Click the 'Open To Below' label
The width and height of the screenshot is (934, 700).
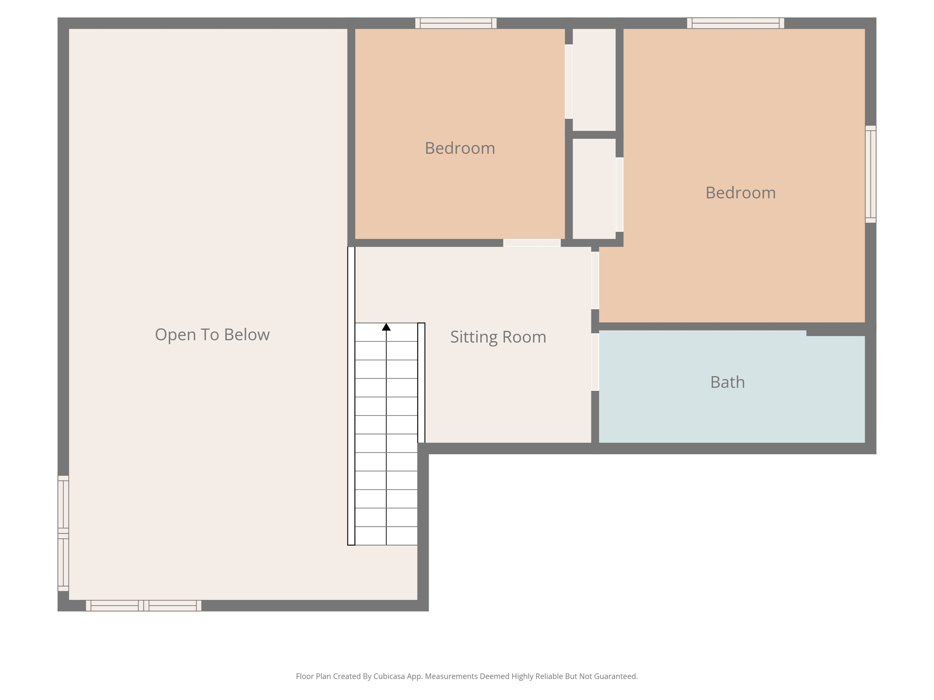click(x=212, y=335)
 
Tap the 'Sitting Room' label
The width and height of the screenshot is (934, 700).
click(x=498, y=337)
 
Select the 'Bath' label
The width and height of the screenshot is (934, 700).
click(x=727, y=382)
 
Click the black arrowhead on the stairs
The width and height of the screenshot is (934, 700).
click(x=386, y=327)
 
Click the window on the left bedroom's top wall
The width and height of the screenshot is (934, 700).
click(x=456, y=23)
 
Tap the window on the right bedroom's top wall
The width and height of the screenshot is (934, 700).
click(x=735, y=23)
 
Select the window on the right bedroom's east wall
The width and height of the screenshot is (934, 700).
click(x=870, y=174)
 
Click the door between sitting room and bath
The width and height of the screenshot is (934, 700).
click(x=595, y=362)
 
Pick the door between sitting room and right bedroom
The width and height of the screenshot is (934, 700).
click(x=595, y=280)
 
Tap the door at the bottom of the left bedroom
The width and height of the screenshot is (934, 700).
click(x=532, y=243)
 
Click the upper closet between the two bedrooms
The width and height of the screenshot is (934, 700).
click(x=594, y=80)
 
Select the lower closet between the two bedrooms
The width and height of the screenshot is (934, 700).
click(x=594, y=188)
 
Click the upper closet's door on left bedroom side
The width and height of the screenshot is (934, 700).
click(x=569, y=82)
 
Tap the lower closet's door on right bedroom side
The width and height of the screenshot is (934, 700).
click(x=619, y=195)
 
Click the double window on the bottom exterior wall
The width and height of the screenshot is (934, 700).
click(x=144, y=605)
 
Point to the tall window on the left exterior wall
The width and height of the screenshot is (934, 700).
click(x=63, y=533)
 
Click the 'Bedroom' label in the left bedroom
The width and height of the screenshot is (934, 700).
click(x=460, y=148)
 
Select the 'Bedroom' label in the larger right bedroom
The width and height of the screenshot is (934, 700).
click(x=740, y=193)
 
